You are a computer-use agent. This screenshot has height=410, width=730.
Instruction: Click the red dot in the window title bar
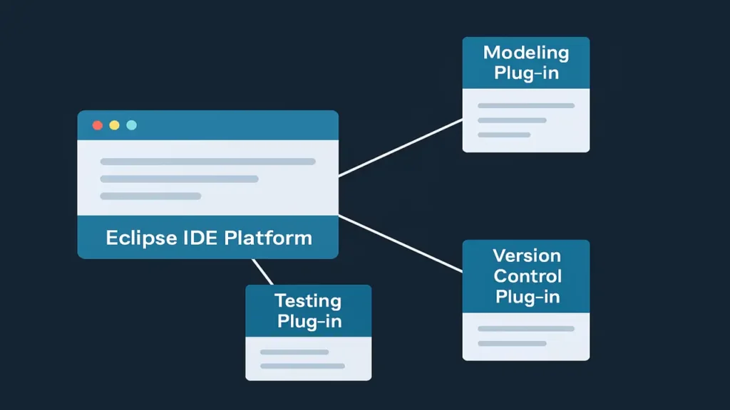98,125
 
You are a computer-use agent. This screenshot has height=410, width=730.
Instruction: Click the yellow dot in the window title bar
114,125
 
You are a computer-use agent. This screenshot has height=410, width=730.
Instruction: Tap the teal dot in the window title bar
131,125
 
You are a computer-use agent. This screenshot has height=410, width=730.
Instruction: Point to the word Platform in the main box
269,238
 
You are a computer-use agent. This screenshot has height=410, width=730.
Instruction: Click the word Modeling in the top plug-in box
526,53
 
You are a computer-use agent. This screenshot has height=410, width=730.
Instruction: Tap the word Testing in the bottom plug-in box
308,300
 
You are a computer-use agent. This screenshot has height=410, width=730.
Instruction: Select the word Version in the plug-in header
526,256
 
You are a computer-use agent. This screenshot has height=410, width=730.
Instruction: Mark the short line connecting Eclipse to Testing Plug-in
262,271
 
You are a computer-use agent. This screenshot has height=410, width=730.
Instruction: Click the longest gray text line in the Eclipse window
207,162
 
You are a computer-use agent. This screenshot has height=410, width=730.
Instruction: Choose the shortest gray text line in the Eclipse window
150,196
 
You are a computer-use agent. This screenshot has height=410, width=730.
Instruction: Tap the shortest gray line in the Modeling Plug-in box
504,135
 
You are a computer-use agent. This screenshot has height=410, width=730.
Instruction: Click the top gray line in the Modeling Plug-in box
526,106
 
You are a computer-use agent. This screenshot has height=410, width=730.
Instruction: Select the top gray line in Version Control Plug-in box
526,329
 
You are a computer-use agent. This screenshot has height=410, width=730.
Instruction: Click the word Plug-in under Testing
309,321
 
